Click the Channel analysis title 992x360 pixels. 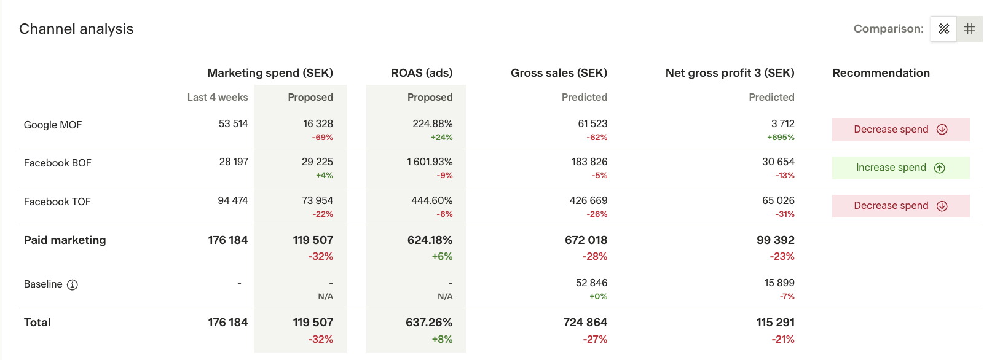point(76,29)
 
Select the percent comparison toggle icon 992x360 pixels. point(943,29)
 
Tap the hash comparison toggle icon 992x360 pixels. point(970,29)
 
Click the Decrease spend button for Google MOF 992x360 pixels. point(900,130)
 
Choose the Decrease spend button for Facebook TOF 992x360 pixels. point(900,206)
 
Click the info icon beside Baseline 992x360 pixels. point(73,284)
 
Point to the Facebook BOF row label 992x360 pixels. point(57,163)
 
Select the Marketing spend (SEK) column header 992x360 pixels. point(270,73)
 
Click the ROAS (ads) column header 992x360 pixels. point(422,73)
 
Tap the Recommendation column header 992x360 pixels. point(881,73)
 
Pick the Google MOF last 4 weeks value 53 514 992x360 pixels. point(233,123)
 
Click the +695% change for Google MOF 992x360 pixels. point(781,138)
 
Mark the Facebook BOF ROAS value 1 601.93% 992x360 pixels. point(430,162)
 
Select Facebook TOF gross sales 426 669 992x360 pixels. point(588,200)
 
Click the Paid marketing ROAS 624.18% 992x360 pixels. point(430,240)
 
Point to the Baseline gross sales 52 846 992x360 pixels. point(591,283)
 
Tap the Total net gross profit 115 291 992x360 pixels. point(775,323)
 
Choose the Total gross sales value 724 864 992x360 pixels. point(585,323)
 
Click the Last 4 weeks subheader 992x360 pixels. point(218,97)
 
